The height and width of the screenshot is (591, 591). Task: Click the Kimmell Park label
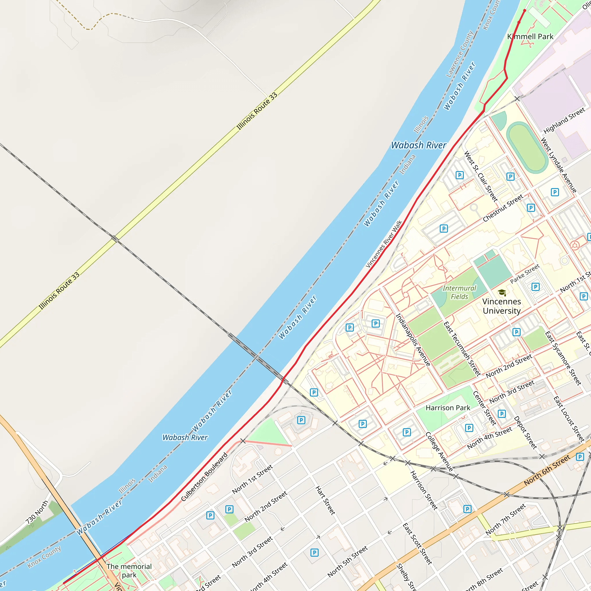point(530,37)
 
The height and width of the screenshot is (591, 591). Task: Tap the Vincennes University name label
point(502,306)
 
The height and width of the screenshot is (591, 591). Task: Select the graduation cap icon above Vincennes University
point(502,293)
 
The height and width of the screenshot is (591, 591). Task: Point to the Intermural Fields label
point(459,292)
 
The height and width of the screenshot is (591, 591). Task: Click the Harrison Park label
point(448,408)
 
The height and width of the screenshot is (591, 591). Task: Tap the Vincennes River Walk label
point(384,244)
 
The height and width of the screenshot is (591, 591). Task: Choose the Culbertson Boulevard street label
point(204,477)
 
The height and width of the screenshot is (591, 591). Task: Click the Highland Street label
point(564,121)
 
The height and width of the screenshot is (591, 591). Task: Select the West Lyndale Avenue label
point(559,165)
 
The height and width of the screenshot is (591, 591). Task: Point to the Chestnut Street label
point(503,208)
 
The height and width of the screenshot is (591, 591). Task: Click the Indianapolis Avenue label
point(413,340)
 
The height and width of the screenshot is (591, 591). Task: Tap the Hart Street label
point(325,500)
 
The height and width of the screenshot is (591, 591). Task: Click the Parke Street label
point(525,274)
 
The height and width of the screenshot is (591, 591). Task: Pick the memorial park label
point(129,571)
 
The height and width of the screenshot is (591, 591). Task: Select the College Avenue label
point(439,452)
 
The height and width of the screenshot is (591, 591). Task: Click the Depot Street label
point(525,432)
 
